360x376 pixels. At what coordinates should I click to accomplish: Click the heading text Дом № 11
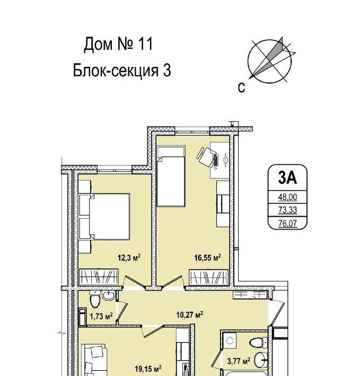[118, 44]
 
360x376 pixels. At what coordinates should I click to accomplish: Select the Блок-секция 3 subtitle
[122, 70]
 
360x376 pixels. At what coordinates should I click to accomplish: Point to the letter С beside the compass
[241, 87]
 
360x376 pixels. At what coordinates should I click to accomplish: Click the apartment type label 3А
[287, 177]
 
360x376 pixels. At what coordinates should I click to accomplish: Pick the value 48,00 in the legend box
[287, 197]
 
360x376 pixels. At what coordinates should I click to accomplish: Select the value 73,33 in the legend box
[287, 210]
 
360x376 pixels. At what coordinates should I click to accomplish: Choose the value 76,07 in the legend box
[287, 223]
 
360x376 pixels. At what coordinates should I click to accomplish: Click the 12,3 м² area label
[129, 258]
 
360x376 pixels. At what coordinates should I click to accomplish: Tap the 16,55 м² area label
[207, 258]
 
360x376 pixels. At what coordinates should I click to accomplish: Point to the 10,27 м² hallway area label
[190, 315]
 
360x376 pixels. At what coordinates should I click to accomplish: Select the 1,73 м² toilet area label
[101, 316]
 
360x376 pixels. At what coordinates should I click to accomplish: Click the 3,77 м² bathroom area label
[239, 361]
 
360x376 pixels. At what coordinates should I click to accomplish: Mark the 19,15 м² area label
[148, 369]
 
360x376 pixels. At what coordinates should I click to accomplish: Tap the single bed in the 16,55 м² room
[171, 176]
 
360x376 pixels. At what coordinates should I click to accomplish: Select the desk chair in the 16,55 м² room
[206, 156]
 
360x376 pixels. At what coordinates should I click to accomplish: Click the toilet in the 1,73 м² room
[95, 300]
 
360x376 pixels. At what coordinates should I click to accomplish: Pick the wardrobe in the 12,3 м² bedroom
[99, 277]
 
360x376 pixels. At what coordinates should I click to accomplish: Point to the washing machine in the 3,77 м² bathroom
[230, 341]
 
